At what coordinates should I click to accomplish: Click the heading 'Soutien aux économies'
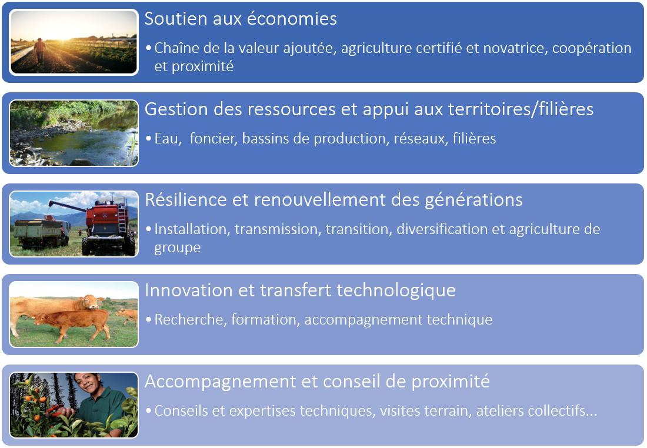point(241,19)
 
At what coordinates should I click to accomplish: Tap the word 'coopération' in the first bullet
point(592,49)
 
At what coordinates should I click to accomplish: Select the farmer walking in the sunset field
point(39,50)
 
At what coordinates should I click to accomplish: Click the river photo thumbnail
point(74,133)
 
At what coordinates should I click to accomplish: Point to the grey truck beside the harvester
point(41,232)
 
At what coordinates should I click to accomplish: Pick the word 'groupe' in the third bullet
point(178,248)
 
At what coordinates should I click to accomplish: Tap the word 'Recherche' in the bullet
point(189,320)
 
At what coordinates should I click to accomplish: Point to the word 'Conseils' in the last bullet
point(181,411)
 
